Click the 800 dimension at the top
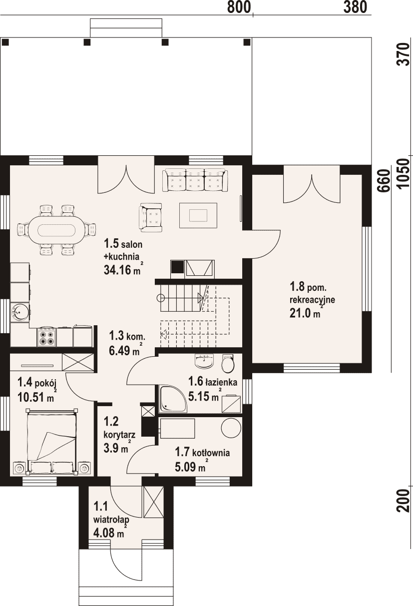(x=239, y=7)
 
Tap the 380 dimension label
(x=356, y=7)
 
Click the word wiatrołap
(x=111, y=520)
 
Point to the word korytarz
(x=119, y=435)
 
